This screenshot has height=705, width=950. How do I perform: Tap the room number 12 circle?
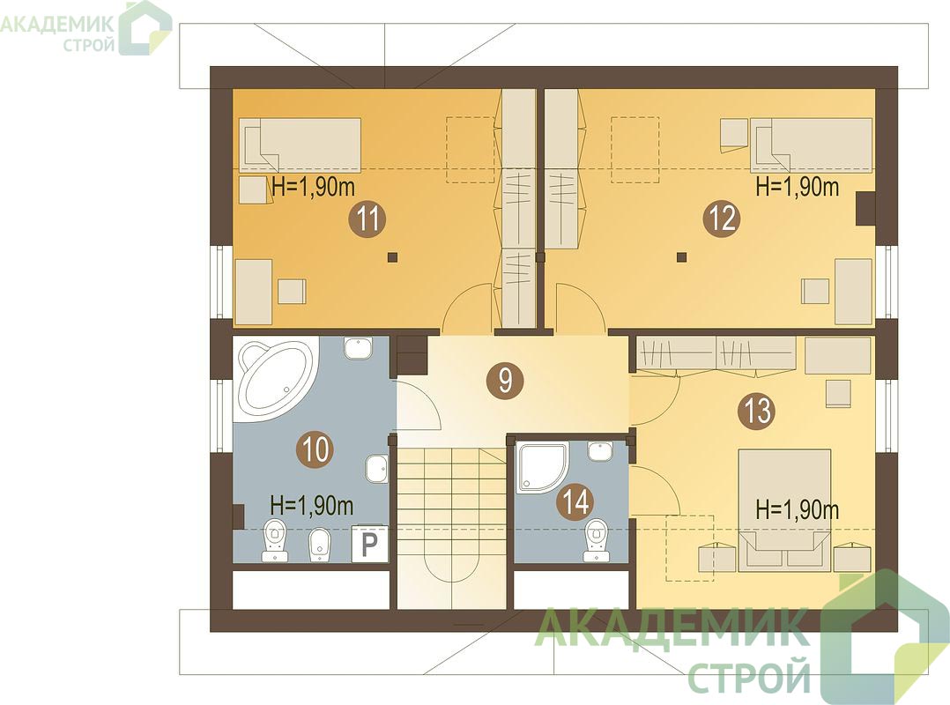(721, 219)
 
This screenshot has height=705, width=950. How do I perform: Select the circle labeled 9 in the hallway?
(505, 381)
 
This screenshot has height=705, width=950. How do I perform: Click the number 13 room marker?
(755, 412)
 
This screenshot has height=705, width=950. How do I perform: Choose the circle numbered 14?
(575, 501)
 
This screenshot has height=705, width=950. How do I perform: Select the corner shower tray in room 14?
(542, 467)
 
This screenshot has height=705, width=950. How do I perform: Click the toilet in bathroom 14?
(596, 540)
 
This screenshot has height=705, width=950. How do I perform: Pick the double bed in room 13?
(784, 510)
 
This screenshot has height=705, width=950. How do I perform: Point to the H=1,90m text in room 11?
(313, 187)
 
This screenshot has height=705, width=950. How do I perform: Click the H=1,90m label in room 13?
(798, 510)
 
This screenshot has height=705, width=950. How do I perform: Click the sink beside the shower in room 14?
(600, 451)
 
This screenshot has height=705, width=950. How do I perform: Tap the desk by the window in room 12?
(854, 292)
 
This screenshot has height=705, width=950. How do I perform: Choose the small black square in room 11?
(393, 256)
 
